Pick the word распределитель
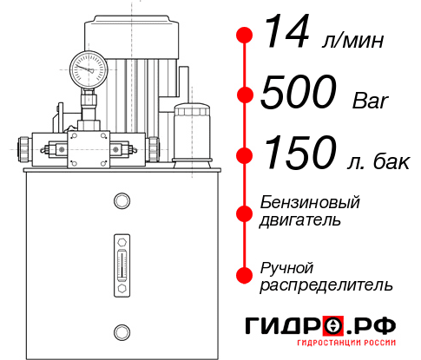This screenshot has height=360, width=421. tap(326, 285)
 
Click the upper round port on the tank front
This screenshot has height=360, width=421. tap(122, 202)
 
